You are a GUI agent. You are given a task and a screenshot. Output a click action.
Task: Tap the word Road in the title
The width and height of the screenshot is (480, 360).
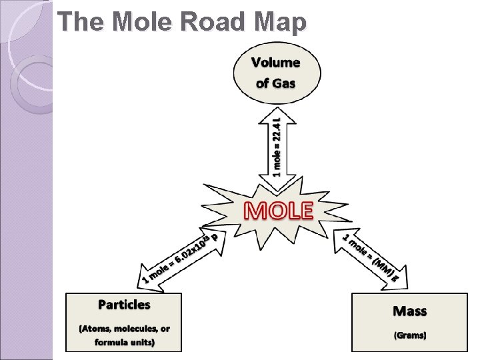(x=205, y=22)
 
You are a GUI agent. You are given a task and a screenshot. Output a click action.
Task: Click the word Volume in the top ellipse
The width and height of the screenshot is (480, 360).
(x=275, y=63)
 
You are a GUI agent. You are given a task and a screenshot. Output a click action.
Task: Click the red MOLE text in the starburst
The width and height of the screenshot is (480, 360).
(x=279, y=210)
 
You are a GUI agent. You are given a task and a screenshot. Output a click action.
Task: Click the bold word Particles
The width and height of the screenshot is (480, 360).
(x=124, y=305)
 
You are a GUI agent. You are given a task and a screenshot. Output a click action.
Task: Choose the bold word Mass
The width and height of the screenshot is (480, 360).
(x=410, y=311)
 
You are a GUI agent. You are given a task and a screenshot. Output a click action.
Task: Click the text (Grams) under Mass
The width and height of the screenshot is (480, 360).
(x=409, y=335)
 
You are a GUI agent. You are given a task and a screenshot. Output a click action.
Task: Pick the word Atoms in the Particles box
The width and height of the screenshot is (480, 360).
(x=97, y=329)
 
